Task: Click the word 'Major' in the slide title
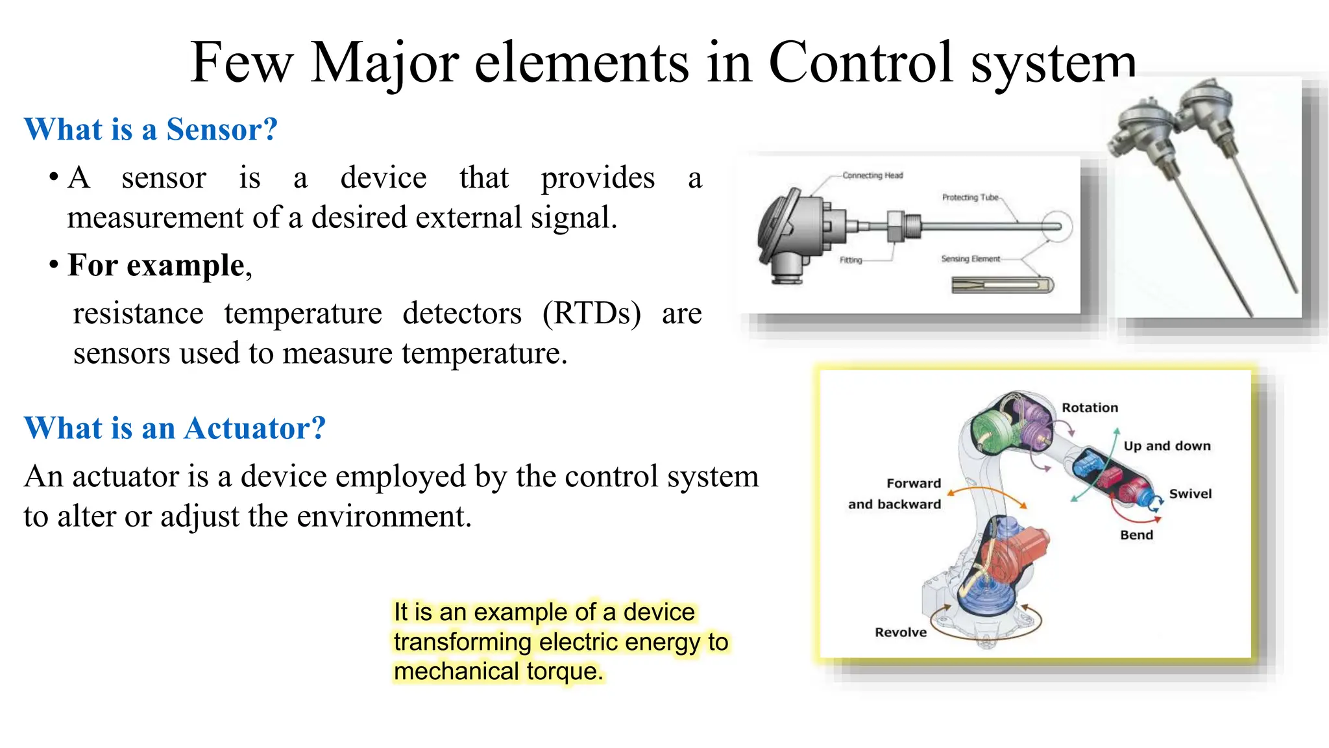click(x=384, y=63)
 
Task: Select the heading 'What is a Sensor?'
click(x=151, y=129)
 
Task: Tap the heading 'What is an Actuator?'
click(x=175, y=429)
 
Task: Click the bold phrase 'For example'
click(x=156, y=266)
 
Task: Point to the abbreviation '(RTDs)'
click(x=591, y=314)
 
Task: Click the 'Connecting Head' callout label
click(x=872, y=175)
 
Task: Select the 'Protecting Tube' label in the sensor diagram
click(x=970, y=197)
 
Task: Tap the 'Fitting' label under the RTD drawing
click(x=851, y=260)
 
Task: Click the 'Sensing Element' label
click(x=970, y=259)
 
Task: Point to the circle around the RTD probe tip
click(x=1056, y=227)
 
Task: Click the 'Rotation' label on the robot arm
click(x=1090, y=408)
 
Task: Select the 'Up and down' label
click(x=1167, y=446)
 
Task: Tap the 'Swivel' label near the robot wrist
click(x=1190, y=494)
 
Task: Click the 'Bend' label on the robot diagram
click(x=1136, y=535)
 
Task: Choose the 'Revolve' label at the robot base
click(x=901, y=632)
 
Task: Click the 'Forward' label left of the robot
click(x=914, y=484)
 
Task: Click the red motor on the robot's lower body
click(x=1019, y=552)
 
